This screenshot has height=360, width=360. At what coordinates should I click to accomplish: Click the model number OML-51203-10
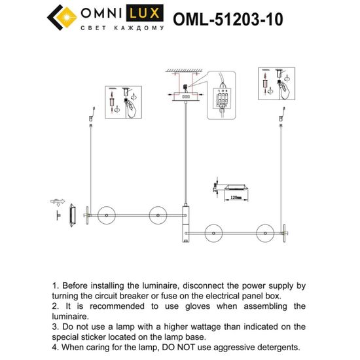click(228, 20)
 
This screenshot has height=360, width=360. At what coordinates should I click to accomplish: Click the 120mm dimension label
click(234, 196)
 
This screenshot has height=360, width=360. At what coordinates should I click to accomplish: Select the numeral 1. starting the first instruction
click(55, 286)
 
